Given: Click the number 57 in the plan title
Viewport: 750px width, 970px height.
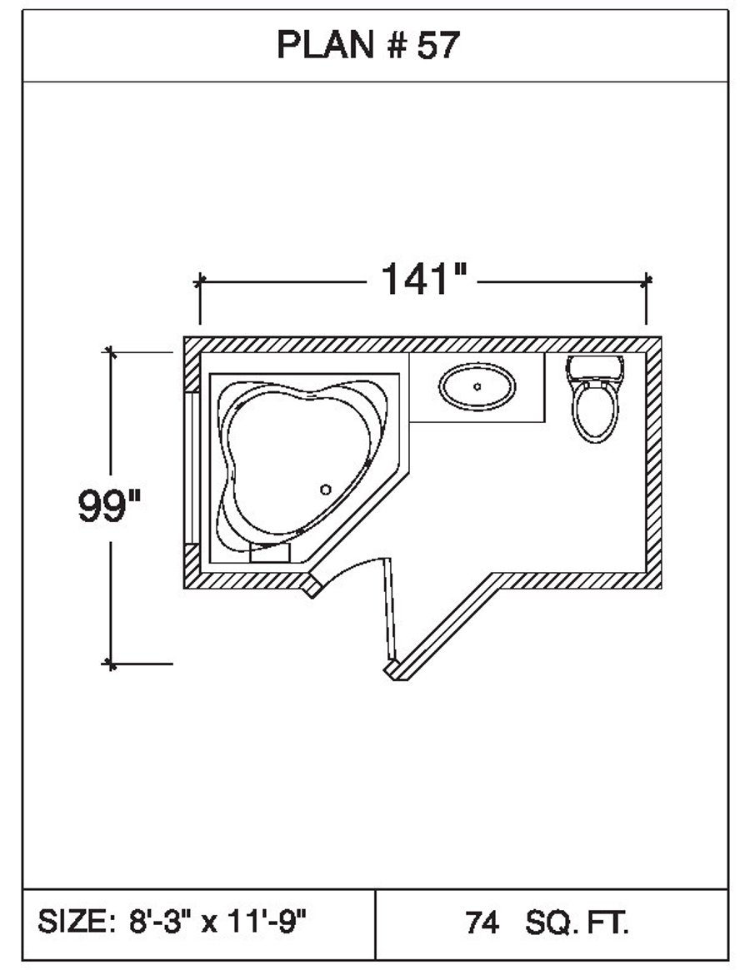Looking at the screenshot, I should pos(437,47).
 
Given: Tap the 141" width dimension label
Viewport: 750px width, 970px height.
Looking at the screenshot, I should pos(422,280).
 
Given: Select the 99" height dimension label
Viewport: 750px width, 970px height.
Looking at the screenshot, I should pos(109,506).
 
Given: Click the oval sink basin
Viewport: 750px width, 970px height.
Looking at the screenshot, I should pos(477,386).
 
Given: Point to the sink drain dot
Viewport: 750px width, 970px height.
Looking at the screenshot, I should pos(477,386).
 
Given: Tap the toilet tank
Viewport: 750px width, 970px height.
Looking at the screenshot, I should pos(595,366).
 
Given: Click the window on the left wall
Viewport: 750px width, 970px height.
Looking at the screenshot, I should pos(192,466).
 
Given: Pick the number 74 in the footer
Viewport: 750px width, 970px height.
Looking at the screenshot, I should pos(482,923).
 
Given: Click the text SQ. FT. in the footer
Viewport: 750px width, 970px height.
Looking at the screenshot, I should pos(577,923).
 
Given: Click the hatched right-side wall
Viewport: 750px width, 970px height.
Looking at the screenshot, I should pos(653,462).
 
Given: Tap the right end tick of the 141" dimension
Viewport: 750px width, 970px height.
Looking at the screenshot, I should pos(647,281).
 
